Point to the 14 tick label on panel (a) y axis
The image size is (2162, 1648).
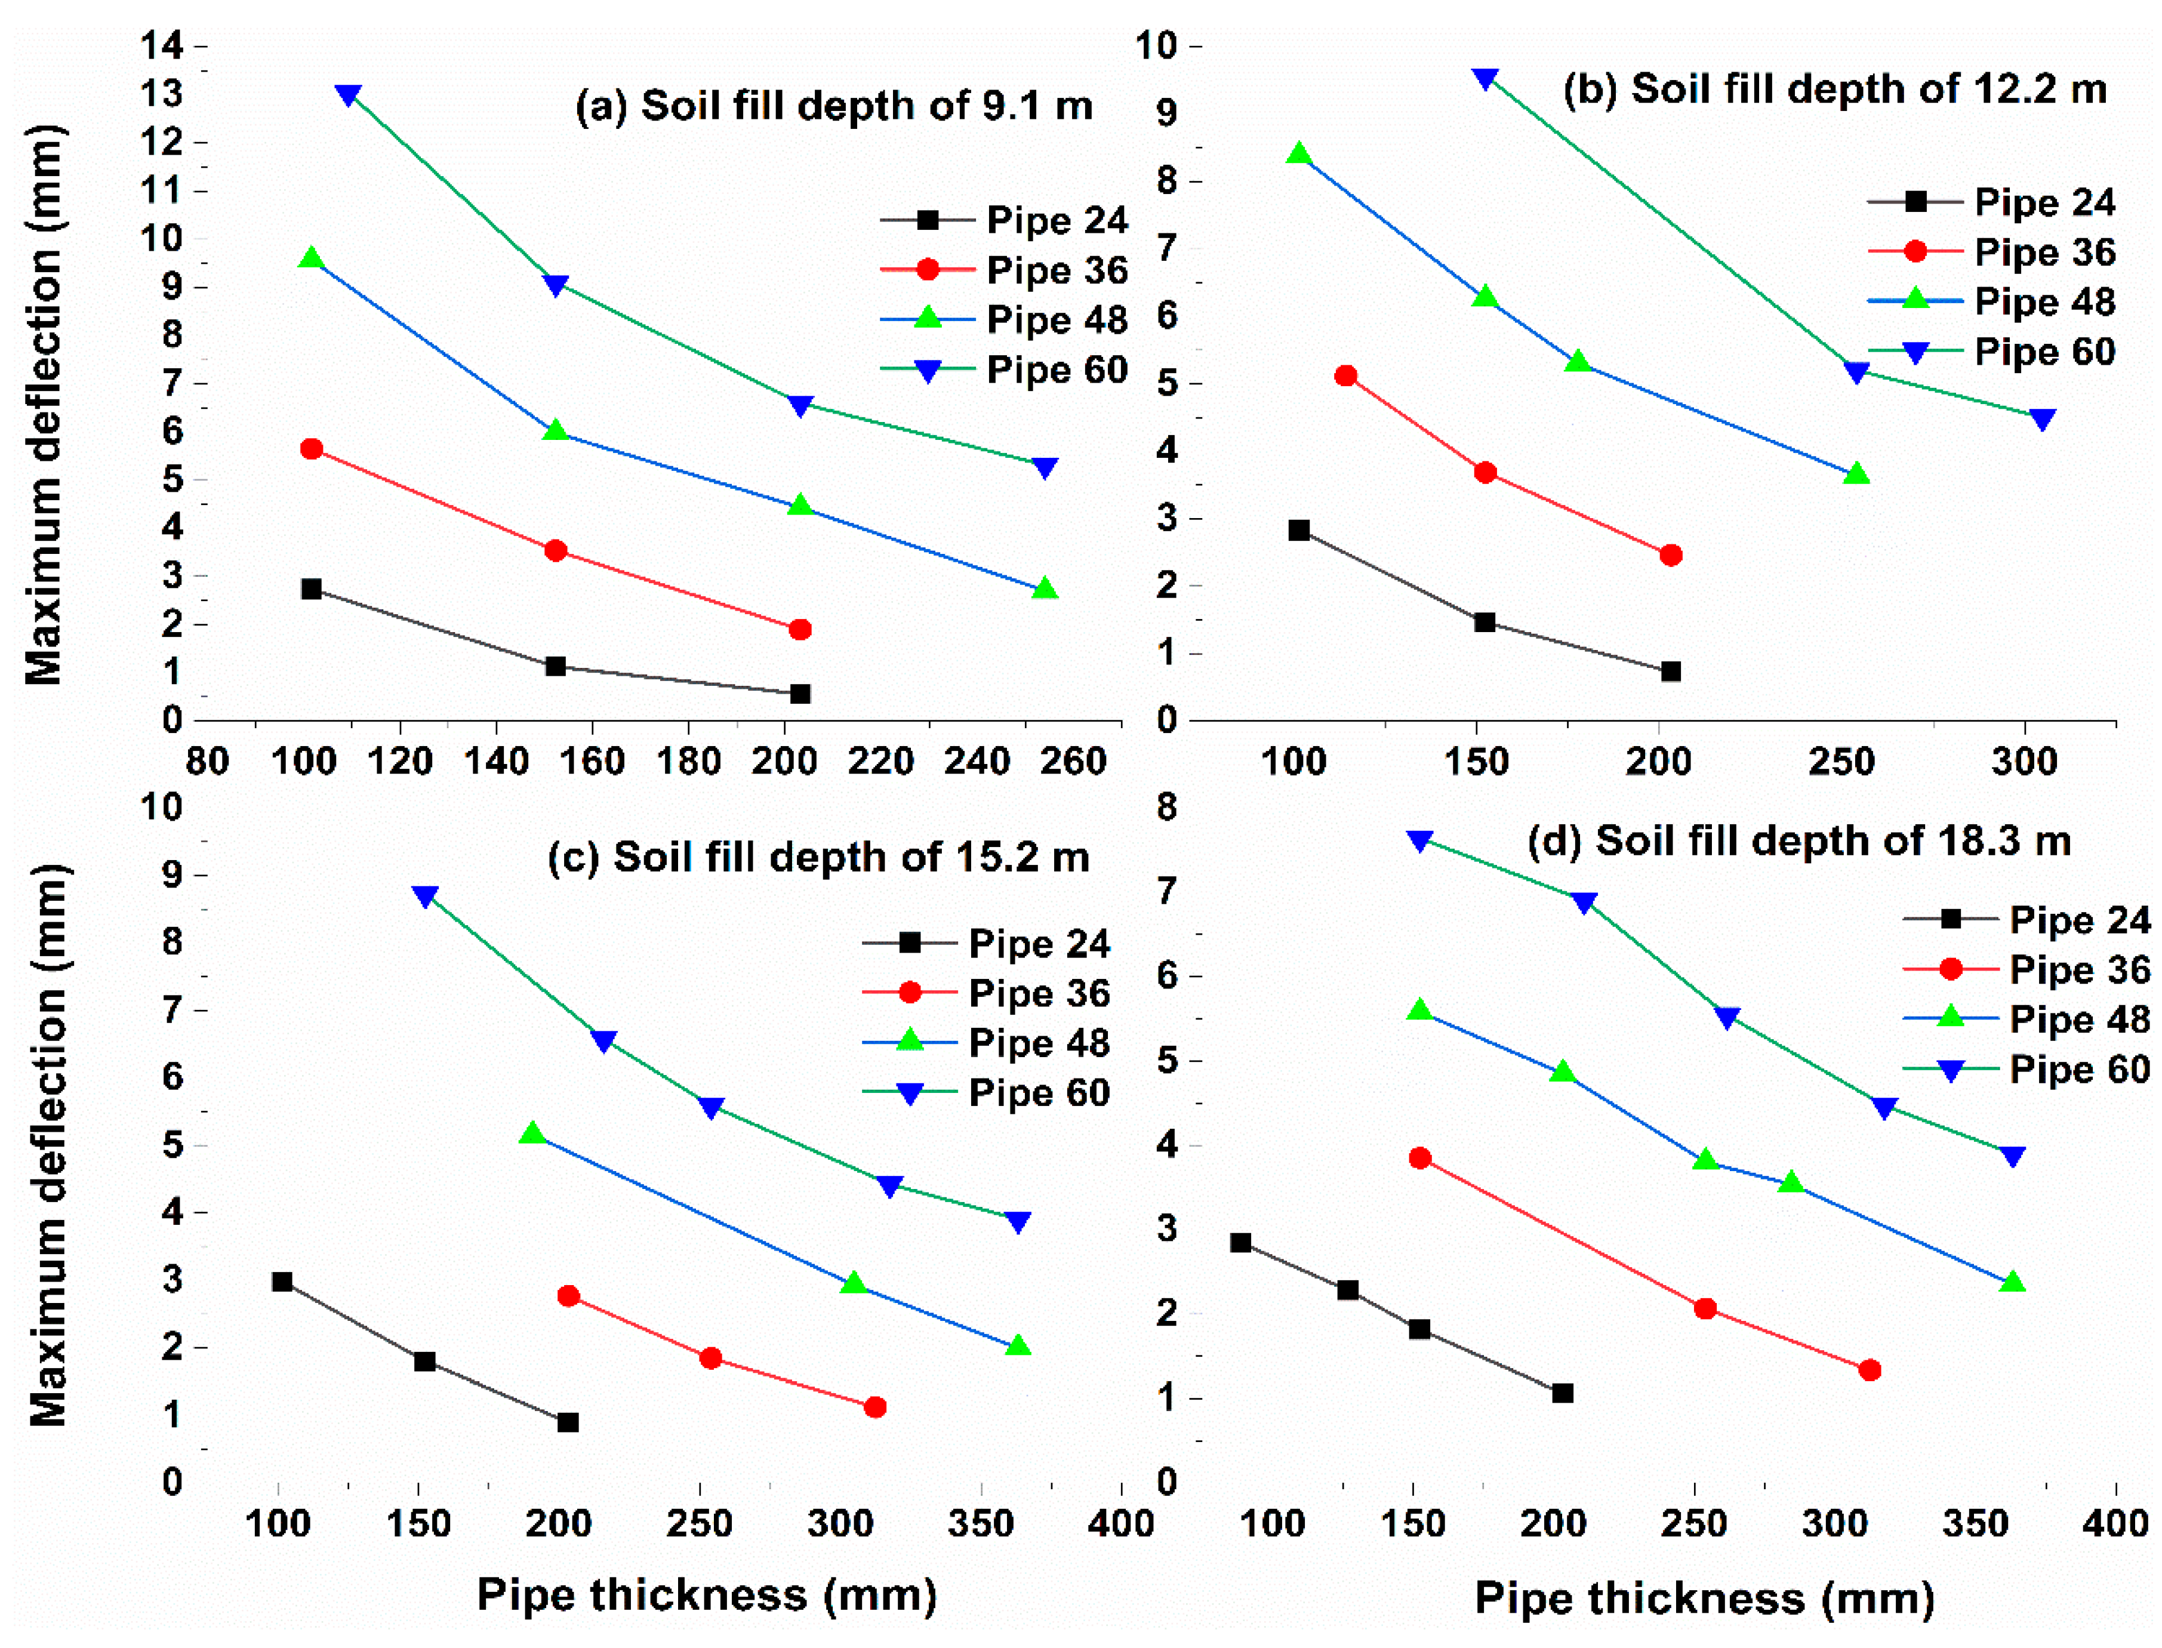[x=161, y=45]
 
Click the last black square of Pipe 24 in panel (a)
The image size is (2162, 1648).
[x=799, y=694]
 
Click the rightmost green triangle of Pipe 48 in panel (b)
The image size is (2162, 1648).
[x=1855, y=475]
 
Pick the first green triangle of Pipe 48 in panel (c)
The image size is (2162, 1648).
[x=532, y=1134]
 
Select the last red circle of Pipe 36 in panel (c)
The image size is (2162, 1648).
[x=875, y=1407]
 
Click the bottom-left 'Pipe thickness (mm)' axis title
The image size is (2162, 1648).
[x=706, y=1594]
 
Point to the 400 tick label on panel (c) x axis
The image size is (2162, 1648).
[x=1121, y=1523]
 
